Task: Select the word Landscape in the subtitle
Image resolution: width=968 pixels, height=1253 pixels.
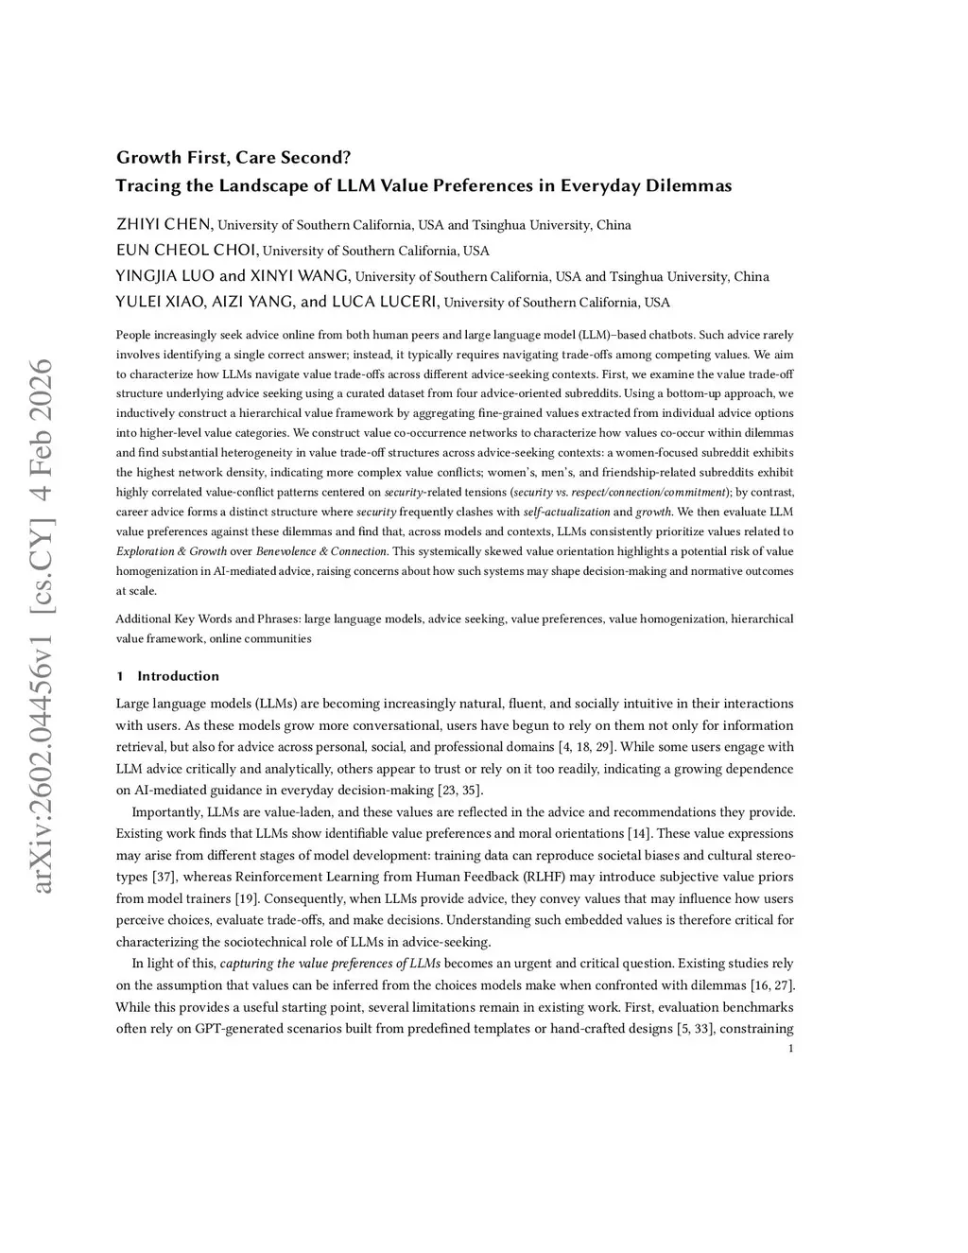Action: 272,185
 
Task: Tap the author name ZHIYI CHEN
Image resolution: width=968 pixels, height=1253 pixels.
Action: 164,225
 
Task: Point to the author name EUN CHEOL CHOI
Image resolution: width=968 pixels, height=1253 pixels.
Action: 187,251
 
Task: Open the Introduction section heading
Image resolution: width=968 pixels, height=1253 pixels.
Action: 178,676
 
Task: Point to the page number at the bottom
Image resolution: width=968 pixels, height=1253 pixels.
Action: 790,1049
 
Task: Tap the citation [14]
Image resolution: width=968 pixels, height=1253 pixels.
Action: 639,833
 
